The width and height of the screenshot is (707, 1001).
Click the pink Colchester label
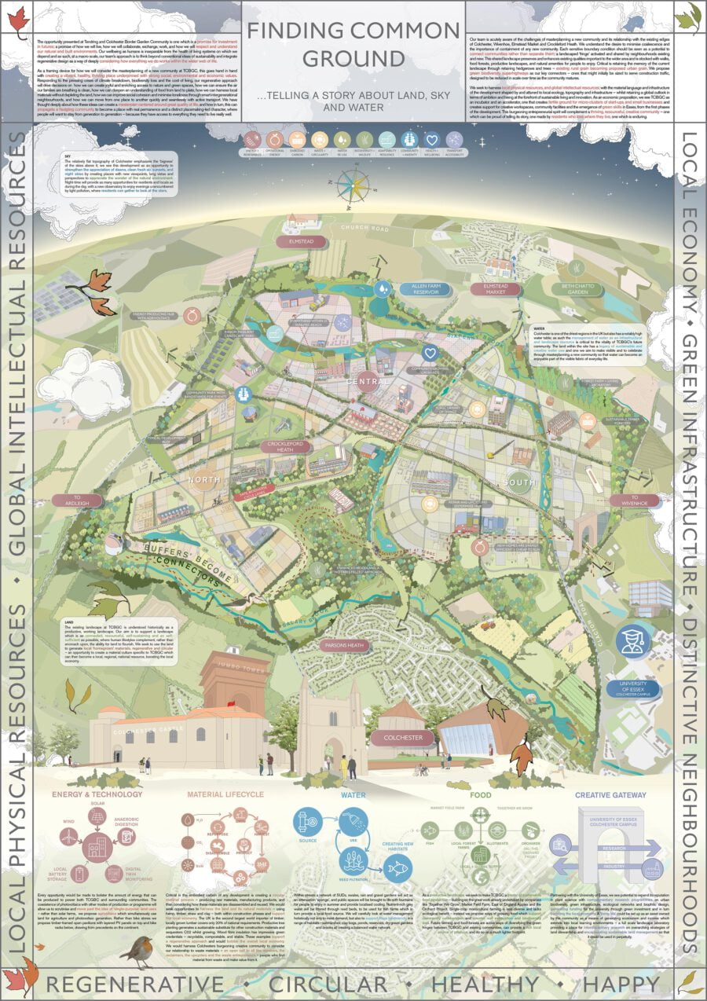point(403,738)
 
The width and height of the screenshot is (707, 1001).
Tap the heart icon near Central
point(429,352)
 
